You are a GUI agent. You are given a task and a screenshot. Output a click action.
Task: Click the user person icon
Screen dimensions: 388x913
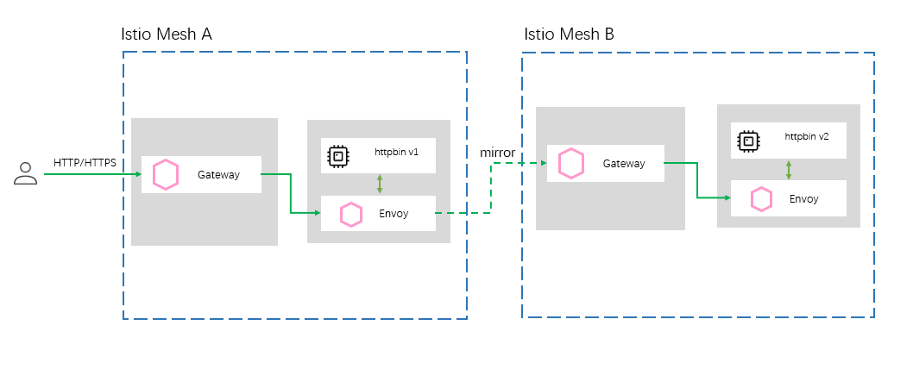point(26,174)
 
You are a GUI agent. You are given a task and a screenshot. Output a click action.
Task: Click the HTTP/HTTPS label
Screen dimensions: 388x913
point(85,162)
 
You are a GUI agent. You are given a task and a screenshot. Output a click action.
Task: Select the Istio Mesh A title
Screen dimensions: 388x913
point(167,34)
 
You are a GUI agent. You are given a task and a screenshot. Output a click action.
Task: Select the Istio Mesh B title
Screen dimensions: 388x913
point(570,34)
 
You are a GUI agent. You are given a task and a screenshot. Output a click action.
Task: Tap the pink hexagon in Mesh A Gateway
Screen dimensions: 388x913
point(166,175)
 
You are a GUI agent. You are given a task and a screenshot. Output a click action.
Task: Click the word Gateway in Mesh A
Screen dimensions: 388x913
point(218,175)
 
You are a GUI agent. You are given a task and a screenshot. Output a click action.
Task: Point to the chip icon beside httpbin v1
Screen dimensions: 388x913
point(338,156)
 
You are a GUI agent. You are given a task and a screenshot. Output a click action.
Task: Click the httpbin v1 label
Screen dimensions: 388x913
point(397,152)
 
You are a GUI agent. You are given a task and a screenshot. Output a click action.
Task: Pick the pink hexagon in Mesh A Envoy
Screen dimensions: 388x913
point(350,214)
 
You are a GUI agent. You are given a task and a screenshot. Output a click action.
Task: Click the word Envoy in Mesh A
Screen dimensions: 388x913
point(394,213)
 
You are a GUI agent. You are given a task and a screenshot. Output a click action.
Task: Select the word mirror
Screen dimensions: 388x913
point(497,153)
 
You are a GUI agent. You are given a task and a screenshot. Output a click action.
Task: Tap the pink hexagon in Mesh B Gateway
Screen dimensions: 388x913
point(571,163)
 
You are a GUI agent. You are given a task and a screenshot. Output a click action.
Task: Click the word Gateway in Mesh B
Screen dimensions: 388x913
point(624,164)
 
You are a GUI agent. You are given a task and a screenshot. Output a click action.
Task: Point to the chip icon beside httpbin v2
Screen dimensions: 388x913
point(749,141)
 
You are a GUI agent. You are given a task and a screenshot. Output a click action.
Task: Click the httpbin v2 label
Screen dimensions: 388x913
point(807,136)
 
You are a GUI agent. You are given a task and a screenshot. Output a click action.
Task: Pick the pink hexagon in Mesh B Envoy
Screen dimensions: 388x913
point(761,199)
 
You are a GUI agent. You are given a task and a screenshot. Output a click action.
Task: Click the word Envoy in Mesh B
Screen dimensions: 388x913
point(804,199)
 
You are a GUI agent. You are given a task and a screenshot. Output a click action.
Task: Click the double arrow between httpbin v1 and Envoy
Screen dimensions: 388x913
point(379,184)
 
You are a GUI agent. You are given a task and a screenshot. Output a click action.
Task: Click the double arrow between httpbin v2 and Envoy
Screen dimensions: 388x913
point(789,169)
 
